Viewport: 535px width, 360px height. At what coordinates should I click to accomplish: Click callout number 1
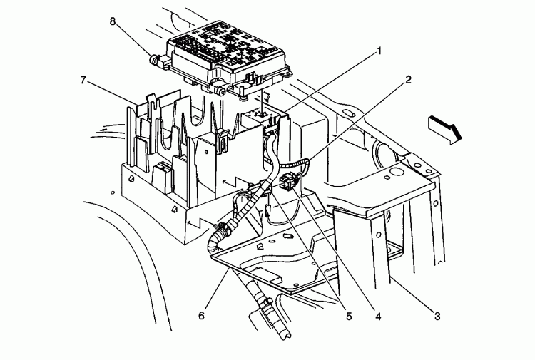[x=379, y=51]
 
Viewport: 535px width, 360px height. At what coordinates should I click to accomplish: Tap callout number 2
[x=407, y=80]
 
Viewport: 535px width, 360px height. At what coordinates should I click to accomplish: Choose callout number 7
[x=83, y=80]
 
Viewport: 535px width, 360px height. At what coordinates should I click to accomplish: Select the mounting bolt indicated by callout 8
[x=154, y=58]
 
